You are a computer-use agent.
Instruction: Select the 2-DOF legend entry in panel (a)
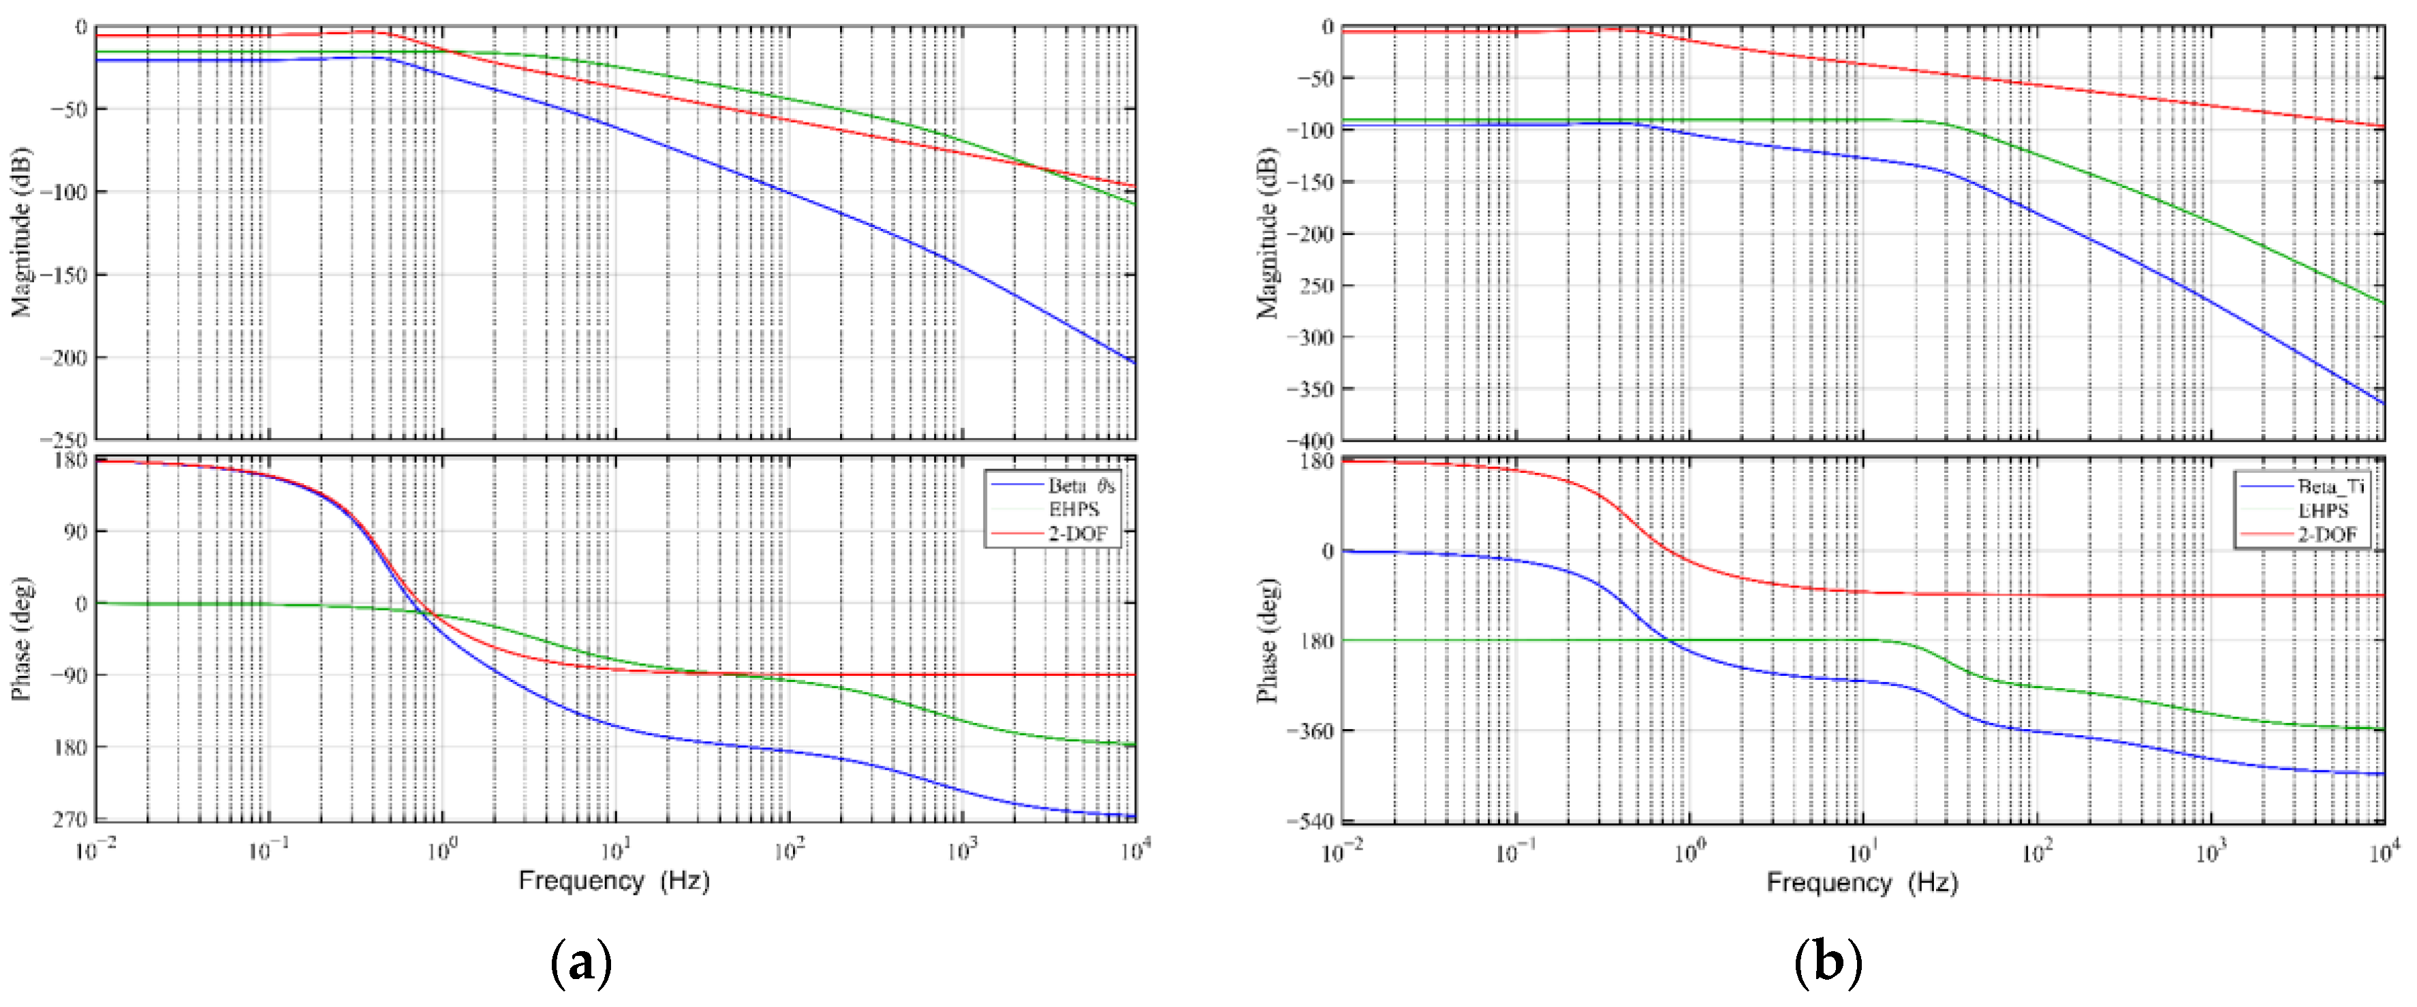coord(1077,534)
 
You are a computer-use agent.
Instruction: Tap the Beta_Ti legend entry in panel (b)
coord(2330,486)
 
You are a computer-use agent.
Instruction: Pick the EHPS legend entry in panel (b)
coord(2322,510)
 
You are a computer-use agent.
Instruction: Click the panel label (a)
coord(582,962)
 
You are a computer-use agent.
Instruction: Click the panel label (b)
coord(1827,962)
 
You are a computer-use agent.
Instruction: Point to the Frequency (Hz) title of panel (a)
coord(614,880)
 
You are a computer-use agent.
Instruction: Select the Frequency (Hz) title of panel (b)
coord(1862,882)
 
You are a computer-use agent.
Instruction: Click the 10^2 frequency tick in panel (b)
coord(2036,851)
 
